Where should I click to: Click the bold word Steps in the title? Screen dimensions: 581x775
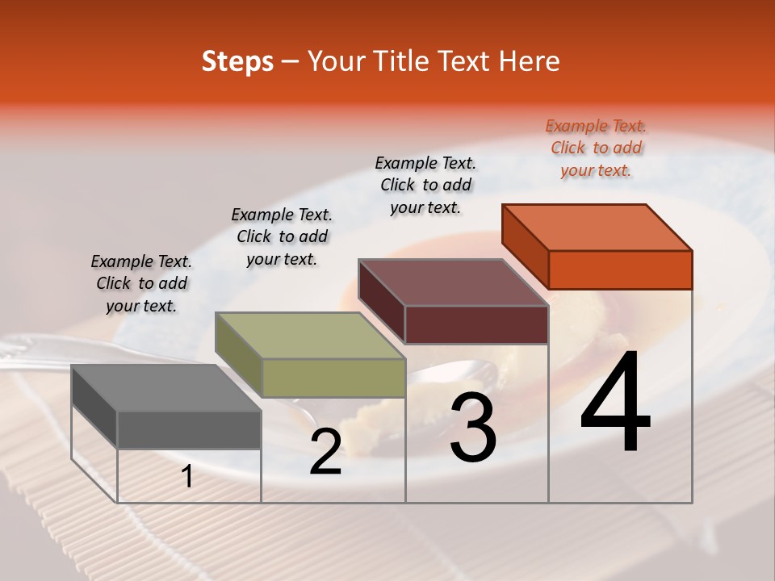(x=237, y=61)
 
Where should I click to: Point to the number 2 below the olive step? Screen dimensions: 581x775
(x=325, y=452)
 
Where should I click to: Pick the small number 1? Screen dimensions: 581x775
(x=187, y=477)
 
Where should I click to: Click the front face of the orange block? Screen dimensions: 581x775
(x=620, y=270)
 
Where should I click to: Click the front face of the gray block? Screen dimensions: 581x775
(x=189, y=429)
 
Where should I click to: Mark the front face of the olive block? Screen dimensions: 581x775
(x=333, y=378)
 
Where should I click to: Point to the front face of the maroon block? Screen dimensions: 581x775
(x=476, y=324)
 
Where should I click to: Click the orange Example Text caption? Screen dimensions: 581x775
(x=596, y=148)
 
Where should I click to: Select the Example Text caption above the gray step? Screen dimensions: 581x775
(x=141, y=283)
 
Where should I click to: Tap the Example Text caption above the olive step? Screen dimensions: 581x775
(x=282, y=236)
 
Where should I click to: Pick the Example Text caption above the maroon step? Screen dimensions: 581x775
(x=425, y=185)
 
